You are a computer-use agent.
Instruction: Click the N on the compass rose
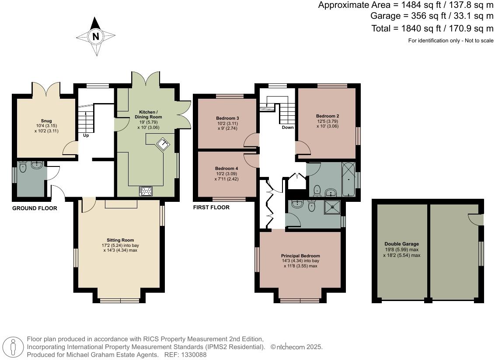pos(96,36)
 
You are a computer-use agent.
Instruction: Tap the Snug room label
pos(46,121)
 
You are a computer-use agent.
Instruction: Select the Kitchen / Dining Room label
pos(148,114)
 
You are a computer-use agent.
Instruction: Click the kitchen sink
pos(164,144)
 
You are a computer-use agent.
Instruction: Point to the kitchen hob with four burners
pos(146,191)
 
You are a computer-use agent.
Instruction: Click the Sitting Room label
pos(120,240)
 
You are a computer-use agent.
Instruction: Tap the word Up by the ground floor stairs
pos(86,135)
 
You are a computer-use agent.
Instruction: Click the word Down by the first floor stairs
pos(288,128)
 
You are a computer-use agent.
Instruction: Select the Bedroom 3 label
pos(227,118)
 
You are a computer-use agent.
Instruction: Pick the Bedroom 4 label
pos(227,169)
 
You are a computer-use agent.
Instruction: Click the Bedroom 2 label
pos(328,116)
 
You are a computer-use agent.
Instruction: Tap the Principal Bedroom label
pos(300,256)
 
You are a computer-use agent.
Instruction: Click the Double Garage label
pos(401,244)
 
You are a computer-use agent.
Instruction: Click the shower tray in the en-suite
pos(332,207)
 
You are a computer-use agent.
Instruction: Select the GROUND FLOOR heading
pos(35,208)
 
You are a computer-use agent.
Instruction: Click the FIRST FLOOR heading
pos(211,207)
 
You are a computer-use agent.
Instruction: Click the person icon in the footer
pos(13,347)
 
